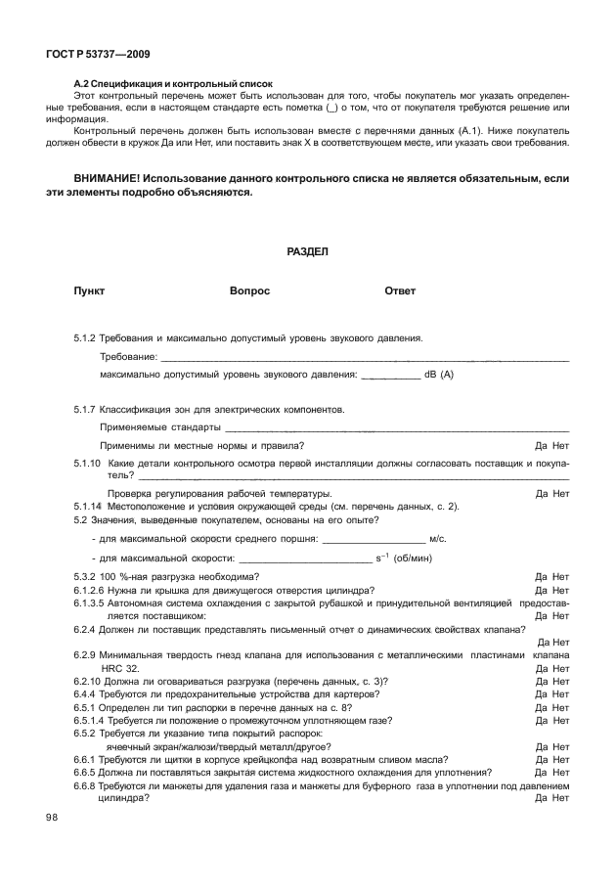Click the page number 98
click(52, 818)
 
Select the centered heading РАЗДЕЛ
click(307, 251)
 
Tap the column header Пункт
click(89, 291)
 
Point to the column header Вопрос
click(249, 291)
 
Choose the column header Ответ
click(400, 291)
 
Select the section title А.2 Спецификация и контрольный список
click(174, 85)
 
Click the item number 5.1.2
click(84, 337)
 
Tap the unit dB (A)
click(439, 374)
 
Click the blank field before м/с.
click(374, 539)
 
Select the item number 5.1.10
click(87, 463)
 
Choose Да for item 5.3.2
click(541, 577)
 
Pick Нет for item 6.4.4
click(560, 693)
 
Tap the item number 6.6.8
click(84, 785)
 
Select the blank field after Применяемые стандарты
click(396, 427)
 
